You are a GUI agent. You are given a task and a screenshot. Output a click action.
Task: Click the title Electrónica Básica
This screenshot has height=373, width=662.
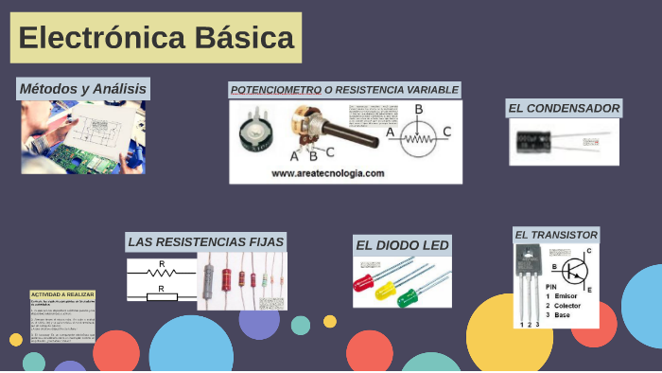[156, 39]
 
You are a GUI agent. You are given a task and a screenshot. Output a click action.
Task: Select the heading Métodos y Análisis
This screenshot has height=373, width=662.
[83, 89]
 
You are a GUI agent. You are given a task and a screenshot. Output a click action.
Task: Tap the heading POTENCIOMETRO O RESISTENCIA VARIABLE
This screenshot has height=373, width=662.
[344, 90]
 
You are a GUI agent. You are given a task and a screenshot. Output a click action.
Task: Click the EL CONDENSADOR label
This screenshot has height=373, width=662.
[564, 109]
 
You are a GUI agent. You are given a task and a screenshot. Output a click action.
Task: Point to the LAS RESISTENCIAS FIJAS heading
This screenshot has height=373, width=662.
[205, 242]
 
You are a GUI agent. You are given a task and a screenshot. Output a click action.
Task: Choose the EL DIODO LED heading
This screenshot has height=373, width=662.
[402, 246]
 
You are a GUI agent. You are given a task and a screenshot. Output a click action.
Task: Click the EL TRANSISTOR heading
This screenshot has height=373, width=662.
[556, 235]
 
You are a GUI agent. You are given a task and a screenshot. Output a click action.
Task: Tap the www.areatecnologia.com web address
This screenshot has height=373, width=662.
[327, 173]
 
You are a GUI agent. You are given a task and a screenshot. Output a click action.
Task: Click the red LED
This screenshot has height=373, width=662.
[364, 281]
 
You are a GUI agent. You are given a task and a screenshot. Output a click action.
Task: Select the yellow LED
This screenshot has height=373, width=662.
[385, 292]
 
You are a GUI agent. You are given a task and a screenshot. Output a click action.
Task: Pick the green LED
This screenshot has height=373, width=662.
[408, 298]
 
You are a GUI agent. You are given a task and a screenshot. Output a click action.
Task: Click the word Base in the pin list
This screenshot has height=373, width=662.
[562, 315]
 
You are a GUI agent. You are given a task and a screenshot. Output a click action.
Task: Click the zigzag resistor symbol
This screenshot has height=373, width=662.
[162, 273]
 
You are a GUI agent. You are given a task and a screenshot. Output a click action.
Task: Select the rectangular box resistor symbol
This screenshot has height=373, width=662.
[162, 296]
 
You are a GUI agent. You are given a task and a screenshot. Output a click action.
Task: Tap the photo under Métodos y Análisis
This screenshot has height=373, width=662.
[83, 137]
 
